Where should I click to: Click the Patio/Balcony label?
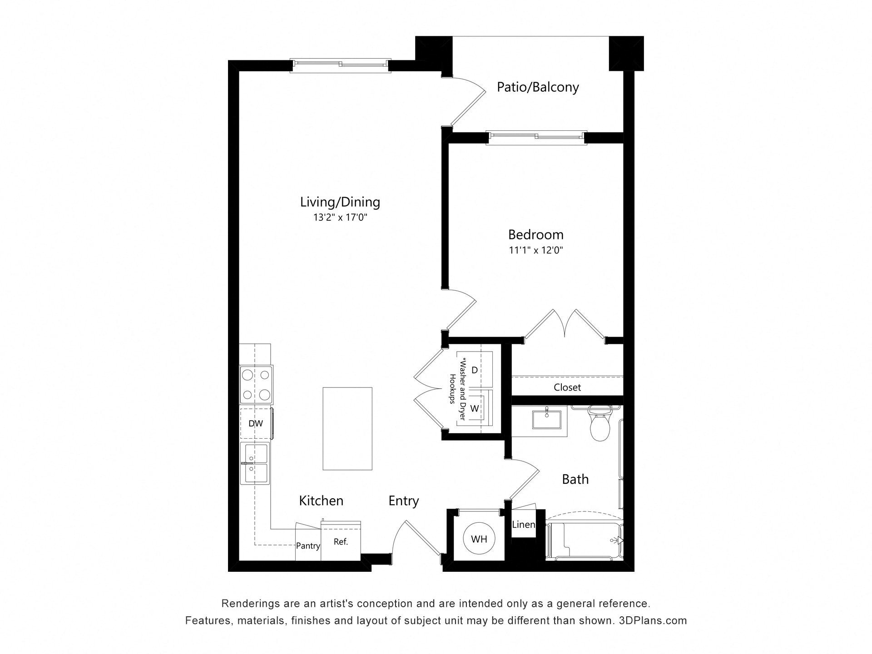[538, 87]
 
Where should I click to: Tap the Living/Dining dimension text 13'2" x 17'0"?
[340, 218]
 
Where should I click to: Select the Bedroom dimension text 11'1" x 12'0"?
[536, 250]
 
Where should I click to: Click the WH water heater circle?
[479, 539]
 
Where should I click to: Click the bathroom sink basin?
[547, 419]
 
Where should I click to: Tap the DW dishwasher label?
[256, 424]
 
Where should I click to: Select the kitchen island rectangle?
[347, 429]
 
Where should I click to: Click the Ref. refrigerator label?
[341, 541]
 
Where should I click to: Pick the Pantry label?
[308, 546]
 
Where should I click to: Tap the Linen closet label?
[523, 525]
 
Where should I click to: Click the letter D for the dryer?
[475, 370]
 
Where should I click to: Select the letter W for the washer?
[475, 408]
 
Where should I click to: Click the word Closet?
[567, 387]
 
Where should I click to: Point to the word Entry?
[404, 501]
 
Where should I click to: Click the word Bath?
[575, 479]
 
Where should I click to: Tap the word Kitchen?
[321, 500]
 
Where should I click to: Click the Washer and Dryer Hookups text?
[458, 389]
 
